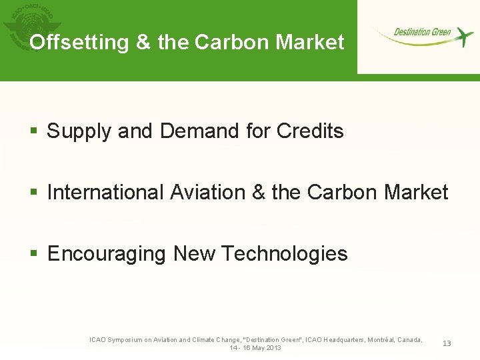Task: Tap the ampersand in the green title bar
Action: [143, 43]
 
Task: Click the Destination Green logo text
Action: [422, 32]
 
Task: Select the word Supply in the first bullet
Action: [79, 131]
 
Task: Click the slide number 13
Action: [447, 343]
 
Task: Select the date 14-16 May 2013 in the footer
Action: [255, 348]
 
